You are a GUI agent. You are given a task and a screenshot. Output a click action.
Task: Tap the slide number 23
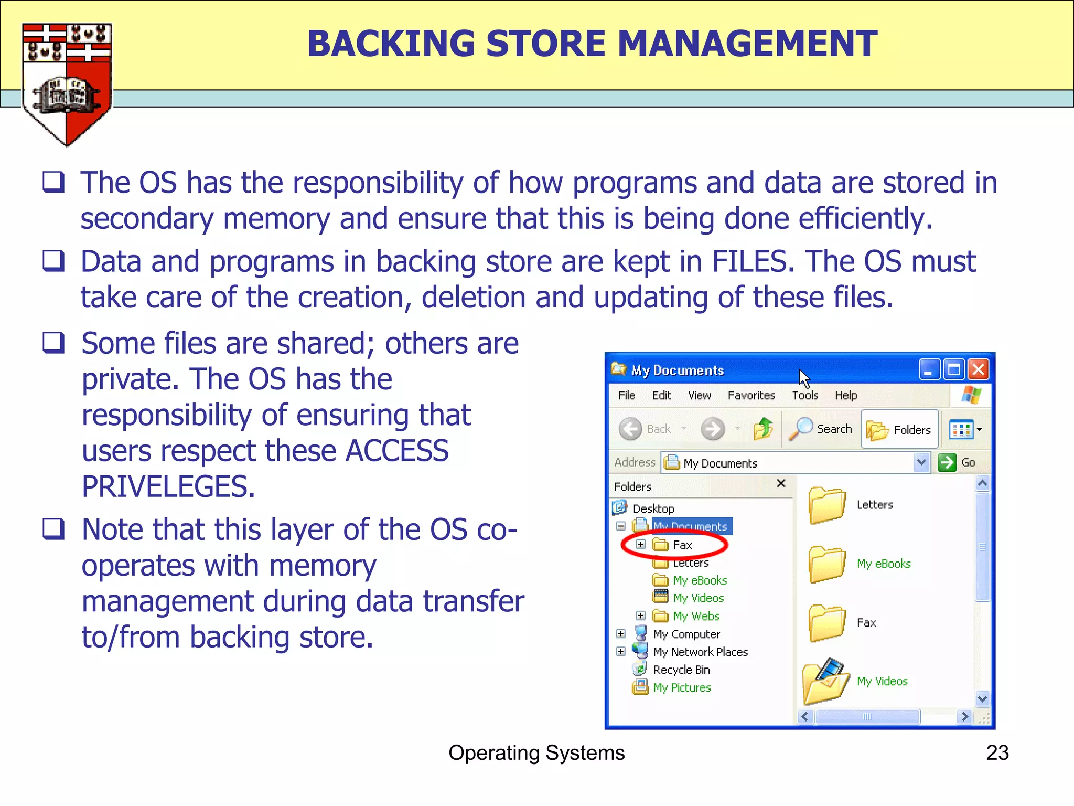pyautogui.click(x=997, y=752)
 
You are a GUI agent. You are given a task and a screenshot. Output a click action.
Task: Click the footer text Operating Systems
pyautogui.click(x=536, y=752)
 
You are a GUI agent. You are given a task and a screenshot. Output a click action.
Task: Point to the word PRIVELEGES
pyautogui.click(x=168, y=486)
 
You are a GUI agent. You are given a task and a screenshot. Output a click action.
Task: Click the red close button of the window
pyautogui.click(x=978, y=370)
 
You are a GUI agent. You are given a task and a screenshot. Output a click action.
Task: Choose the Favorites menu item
pyautogui.click(x=751, y=395)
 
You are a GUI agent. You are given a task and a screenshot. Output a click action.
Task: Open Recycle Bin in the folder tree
pyautogui.click(x=681, y=670)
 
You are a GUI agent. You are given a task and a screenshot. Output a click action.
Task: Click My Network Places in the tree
pyautogui.click(x=700, y=652)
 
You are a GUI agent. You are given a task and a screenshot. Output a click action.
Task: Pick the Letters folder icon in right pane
pyautogui.click(x=826, y=505)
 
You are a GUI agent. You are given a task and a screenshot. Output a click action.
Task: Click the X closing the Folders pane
pyautogui.click(x=781, y=483)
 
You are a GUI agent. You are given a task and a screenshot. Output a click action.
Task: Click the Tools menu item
pyautogui.click(x=804, y=395)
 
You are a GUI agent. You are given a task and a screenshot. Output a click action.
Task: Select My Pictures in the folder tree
pyautogui.click(x=682, y=687)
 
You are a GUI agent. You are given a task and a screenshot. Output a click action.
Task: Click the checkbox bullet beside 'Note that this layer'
pyautogui.click(x=53, y=529)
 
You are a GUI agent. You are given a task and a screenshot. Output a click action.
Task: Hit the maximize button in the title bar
pyautogui.click(x=954, y=370)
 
